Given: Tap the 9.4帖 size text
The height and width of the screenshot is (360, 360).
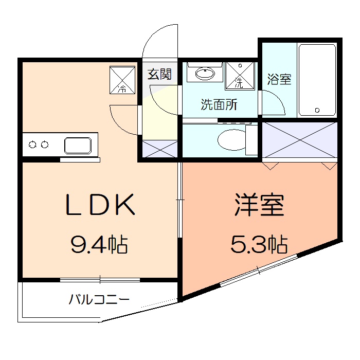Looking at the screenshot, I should [x=99, y=245].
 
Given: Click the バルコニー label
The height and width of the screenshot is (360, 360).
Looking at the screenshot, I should [x=99, y=299].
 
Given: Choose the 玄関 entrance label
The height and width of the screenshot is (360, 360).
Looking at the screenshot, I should [x=159, y=75].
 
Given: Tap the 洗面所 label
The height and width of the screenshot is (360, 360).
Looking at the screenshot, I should [x=219, y=105].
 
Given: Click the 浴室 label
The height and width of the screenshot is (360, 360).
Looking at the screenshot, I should [x=279, y=80].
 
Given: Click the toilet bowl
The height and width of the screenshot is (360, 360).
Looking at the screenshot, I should [x=231, y=139].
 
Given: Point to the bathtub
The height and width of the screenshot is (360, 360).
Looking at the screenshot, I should [x=317, y=80].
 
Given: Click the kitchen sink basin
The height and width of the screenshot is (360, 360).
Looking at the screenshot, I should [x=80, y=145].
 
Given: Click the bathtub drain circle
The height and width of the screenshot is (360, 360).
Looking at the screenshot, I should [x=317, y=110].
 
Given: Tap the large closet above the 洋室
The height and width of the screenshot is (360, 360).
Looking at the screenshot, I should [x=300, y=139].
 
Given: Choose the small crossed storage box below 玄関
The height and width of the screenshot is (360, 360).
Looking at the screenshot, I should [x=159, y=149].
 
